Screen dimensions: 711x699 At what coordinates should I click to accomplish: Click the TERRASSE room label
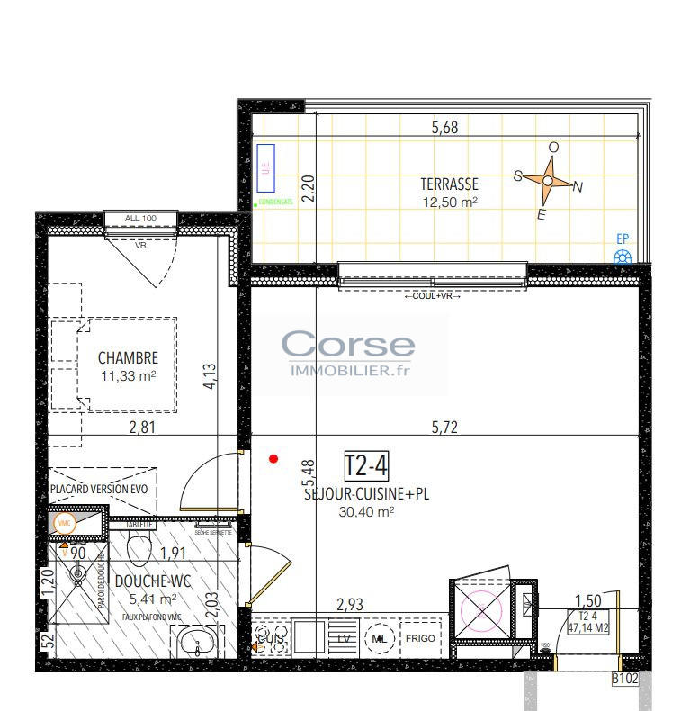pos(449,184)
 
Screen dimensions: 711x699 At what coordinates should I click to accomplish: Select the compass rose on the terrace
pos(547,182)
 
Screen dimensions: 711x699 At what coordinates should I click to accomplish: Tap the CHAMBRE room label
pos(128,357)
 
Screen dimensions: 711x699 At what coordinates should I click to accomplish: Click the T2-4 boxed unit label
pos(366,465)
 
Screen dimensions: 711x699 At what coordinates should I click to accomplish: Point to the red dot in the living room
pos(274,459)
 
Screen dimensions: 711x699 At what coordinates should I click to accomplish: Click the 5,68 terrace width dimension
pos(444,128)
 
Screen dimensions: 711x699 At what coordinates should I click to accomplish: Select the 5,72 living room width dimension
pos(444,427)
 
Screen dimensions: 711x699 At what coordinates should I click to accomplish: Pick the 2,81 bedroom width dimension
pos(142,427)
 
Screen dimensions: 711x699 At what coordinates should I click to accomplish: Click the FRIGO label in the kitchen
pos(420,638)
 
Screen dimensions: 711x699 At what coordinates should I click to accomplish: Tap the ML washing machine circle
pos(379,638)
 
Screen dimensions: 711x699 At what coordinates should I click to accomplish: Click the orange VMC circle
pos(64,523)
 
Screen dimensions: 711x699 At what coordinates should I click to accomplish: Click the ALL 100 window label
pos(141,218)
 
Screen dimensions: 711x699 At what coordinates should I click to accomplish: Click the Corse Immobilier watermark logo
pos(348,354)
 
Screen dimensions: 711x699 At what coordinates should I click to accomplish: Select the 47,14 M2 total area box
pos(591,622)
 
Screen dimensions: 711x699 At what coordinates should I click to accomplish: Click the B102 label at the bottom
pos(624,679)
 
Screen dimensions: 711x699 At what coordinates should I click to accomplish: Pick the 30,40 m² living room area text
pos(367,511)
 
